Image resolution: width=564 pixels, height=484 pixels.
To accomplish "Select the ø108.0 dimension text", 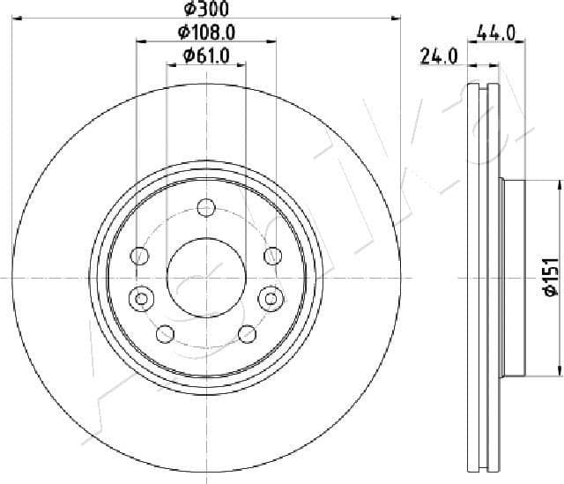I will point(206,33).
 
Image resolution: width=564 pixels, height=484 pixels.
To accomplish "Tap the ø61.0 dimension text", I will point(206,56).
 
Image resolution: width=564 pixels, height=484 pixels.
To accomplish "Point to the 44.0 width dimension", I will point(495,34).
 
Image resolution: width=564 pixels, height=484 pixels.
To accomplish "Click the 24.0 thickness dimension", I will point(438,57).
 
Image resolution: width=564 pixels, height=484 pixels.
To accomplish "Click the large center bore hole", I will point(205,277).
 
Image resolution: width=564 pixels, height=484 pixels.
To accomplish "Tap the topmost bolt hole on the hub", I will point(206,208).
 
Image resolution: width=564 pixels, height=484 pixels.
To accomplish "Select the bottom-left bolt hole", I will point(165,333).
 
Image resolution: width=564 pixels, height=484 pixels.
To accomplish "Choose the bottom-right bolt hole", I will point(248,333).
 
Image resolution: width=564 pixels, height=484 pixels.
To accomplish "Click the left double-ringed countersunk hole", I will point(139,298).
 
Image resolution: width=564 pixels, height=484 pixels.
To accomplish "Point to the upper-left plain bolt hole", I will point(139,256).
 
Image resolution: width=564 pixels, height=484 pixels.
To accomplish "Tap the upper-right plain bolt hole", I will point(272,256).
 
